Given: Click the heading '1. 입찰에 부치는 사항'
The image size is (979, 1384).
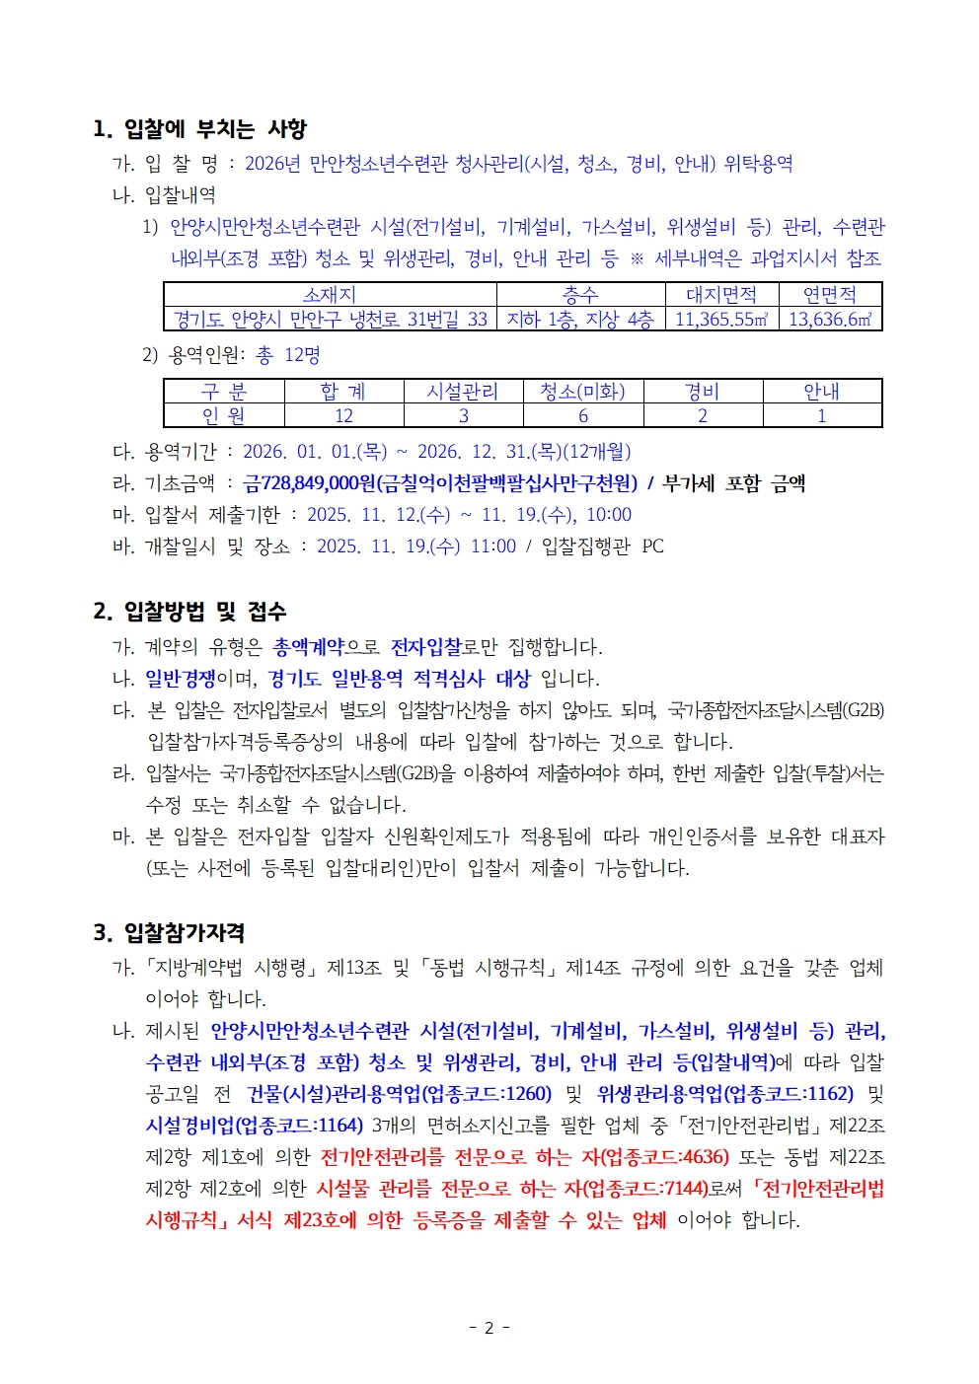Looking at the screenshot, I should [199, 129].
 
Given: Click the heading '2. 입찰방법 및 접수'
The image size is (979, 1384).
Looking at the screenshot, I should [189, 612].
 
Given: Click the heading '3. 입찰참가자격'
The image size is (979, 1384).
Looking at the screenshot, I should [169, 933].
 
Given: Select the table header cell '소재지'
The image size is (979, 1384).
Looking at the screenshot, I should [330, 294].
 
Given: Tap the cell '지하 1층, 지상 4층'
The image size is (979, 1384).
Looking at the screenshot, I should [580, 320].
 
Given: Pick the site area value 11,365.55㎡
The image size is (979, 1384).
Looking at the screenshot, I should [721, 320].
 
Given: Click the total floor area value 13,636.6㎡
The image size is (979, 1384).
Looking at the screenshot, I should [830, 320].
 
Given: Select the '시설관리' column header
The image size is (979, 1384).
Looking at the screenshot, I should [463, 392].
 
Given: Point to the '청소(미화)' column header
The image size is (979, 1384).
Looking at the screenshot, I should [582, 392].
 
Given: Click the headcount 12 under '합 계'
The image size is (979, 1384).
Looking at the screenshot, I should [343, 416].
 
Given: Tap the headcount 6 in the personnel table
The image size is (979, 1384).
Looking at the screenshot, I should [583, 416].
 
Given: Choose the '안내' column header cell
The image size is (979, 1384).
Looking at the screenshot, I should [821, 392].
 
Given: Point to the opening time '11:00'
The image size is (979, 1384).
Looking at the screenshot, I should [492, 546].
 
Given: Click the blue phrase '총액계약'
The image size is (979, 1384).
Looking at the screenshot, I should [308, 647].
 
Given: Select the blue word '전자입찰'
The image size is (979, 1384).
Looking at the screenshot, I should [425, 647].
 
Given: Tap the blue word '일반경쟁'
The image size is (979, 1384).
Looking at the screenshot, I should [180, 679].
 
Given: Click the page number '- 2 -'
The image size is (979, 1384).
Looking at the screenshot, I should [489, 1328].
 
